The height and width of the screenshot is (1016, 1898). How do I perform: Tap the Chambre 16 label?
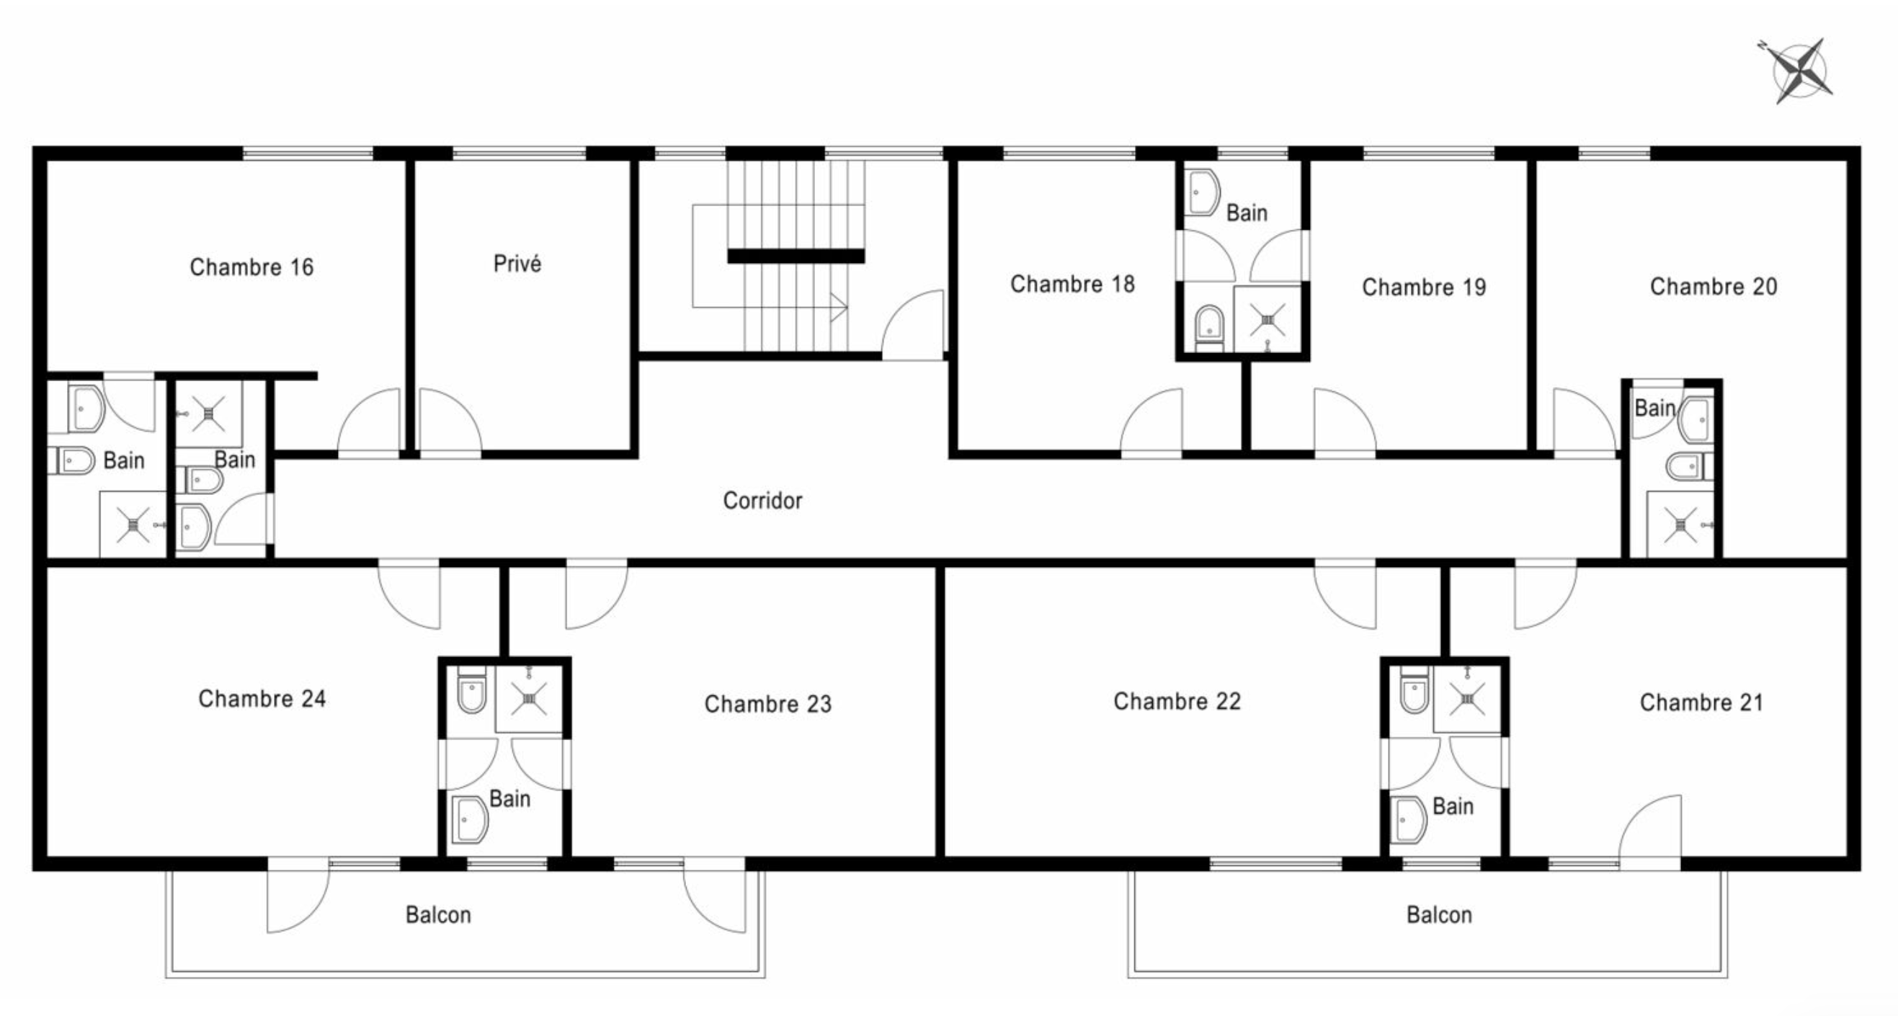click(x=251, y=267)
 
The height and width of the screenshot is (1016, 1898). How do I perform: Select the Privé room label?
click(x=517, y=263)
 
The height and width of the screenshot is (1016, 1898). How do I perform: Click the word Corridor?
click(x=762, y=501)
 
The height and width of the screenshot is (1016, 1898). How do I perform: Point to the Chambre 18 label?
click(x=1072, y=284)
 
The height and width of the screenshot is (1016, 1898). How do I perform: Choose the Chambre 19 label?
click(x=1424, y=287)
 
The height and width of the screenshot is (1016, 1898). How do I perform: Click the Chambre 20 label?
click(x=1713, y=286)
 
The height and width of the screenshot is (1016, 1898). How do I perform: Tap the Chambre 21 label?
click(x=1701, y=702)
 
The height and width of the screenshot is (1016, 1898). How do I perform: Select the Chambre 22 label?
click(x=1177, y=700)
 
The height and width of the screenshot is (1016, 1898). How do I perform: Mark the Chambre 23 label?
click(x=767, y=703)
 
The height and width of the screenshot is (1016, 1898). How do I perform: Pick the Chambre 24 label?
click(x=262, y=698)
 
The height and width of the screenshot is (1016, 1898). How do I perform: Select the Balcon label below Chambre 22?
click(x=1439, y=915)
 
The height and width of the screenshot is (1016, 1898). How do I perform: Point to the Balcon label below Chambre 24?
click(x=437, y=915)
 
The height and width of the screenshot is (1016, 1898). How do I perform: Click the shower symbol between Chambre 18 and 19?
click(x=1267, y=320)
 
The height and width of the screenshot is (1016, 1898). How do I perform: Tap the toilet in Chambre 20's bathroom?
click(x=1690, y=465)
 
